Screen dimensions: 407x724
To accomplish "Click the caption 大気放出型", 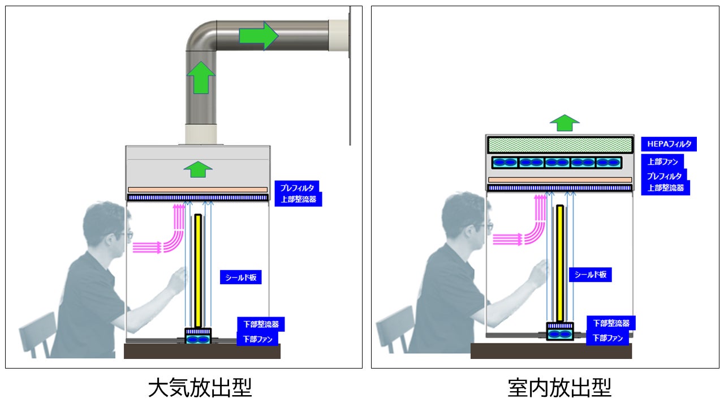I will (200, 388).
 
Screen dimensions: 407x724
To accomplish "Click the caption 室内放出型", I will (559, 388).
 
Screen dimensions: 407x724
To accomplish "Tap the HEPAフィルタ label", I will (669, 144).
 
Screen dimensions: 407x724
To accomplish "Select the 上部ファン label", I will (662, 162).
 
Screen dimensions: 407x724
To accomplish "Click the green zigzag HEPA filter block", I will (559, 145).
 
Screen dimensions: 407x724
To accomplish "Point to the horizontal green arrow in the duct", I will (258, 36).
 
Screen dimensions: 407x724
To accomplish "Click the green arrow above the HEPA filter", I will (564, 122).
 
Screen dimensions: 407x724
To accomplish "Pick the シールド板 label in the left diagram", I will (240, 277).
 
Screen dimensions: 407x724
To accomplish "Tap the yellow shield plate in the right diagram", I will (559, 263).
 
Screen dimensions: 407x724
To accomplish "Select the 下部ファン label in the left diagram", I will (257, 339).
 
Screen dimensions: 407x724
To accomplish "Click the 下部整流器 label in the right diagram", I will (611, 323).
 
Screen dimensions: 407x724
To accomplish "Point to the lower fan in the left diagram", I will (197, 340).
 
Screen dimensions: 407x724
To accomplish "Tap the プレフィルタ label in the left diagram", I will (297, 187).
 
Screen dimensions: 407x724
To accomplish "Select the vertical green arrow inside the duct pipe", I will (201, 77).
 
